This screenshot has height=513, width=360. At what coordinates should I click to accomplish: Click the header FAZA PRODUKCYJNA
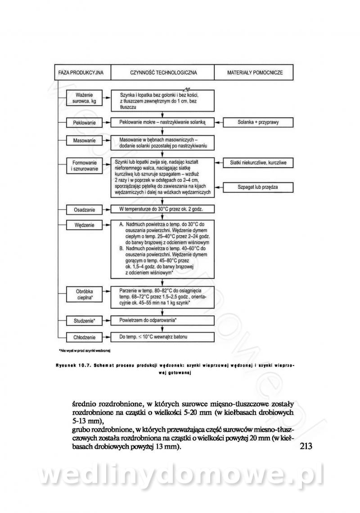coord(81,72)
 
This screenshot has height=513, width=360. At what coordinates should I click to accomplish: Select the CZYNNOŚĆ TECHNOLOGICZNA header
coord(163,72)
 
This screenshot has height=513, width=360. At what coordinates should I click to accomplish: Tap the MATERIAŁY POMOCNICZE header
coord(255,72)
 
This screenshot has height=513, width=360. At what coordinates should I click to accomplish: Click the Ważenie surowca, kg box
coord(84,98)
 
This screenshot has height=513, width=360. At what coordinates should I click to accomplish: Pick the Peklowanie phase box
coord(84,122)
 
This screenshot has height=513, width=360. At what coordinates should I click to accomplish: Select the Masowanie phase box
coord(84,141)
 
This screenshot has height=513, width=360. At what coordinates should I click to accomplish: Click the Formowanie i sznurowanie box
coord(84,165)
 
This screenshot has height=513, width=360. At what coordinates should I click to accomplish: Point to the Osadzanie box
coord(84,210)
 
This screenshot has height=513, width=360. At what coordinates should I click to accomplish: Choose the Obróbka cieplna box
coord(84,294)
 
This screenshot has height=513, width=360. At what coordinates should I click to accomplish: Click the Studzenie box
coord(84,321)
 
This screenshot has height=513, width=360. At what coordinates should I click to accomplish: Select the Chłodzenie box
coord(84,337)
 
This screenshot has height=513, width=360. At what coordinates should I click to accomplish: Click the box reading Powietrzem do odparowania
coord(162,320)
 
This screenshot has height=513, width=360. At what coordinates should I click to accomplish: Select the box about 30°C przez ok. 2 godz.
coord(162,209)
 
